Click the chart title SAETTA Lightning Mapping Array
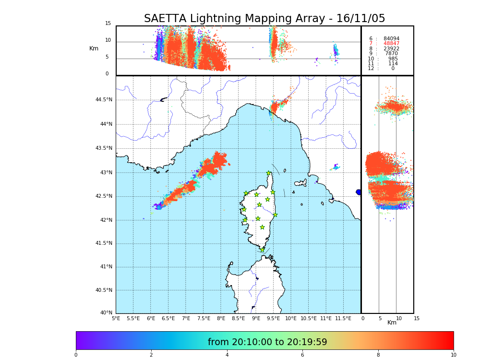[x=264, y=19]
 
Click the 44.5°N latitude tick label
[x=104, y=100]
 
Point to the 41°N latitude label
[x=105, y=267]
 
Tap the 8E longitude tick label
[x=221, y=318]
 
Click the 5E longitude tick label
[x=116, y=318]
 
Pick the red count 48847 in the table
[x=391, y=44]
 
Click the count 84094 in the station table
[x=391, y=39]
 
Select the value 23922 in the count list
[x=391, y=49]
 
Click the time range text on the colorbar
[x=267, y=342]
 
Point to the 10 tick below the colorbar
[x=453, y=355]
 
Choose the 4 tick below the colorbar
[x=227, y=355]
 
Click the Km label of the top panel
[x=94, y=48]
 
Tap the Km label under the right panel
[x=392, y=323]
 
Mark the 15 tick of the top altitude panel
[x=108, y=24]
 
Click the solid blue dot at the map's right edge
[x=359, y=192]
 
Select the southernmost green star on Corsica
[x=263, y=250]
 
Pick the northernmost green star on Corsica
[x=269, y=173]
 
